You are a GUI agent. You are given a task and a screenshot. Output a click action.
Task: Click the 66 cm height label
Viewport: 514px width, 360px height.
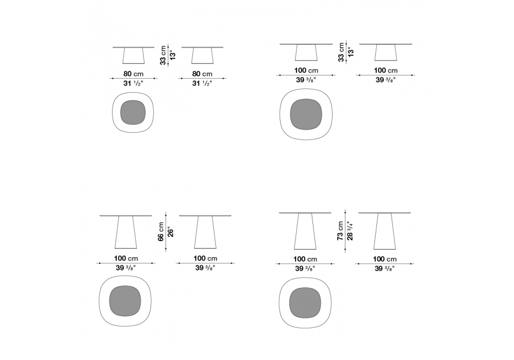(160, 231)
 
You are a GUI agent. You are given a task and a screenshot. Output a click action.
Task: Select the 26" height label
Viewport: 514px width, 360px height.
(171, 232)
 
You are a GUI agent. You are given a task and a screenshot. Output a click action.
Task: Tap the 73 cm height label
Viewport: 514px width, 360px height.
(340, 231)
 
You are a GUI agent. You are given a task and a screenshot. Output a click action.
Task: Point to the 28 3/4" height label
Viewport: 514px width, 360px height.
(350, 231)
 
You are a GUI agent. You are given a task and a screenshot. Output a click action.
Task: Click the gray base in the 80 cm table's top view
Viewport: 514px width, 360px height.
(133, 112)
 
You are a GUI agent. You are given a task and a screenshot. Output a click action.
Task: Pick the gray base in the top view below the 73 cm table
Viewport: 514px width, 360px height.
(305, 302)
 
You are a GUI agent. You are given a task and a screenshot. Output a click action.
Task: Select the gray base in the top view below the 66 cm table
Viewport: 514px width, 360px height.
(125, 301)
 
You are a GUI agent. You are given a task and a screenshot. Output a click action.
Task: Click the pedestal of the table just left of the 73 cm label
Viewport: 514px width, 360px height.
(305, 231)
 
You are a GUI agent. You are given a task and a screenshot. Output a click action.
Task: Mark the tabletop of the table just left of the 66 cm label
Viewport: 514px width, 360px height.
(126, 215)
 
